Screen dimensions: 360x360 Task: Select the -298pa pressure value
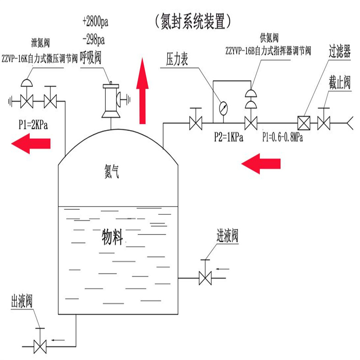(x=93, y=40)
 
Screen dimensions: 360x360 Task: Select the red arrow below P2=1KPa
(x=261, y=164)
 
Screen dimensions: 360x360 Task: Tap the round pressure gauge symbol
(x=223, y=108)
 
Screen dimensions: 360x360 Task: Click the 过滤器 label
(x=339, y=50)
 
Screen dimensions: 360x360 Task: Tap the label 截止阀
(x=339, y=83)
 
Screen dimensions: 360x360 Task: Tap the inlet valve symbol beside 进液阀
(x=204, y=278)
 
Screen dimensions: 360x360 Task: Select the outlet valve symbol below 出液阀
(x=41, y=345)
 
